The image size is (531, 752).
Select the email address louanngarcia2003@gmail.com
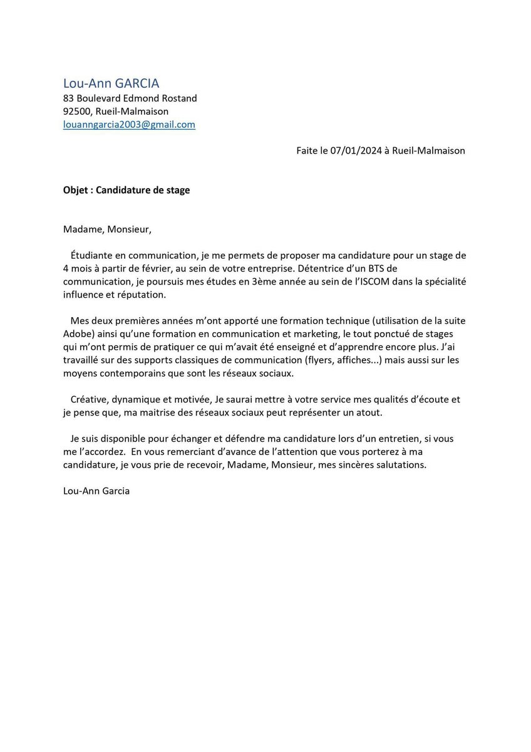click(x=129, y=125)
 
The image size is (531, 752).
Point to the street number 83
click(x=69, y=98)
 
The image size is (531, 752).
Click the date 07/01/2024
click(x=353, y=151)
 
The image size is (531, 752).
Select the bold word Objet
click(x=76, y=190)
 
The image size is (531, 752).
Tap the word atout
click(x=368, y=412)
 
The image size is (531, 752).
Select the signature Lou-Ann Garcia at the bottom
click(x=96, y=491)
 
